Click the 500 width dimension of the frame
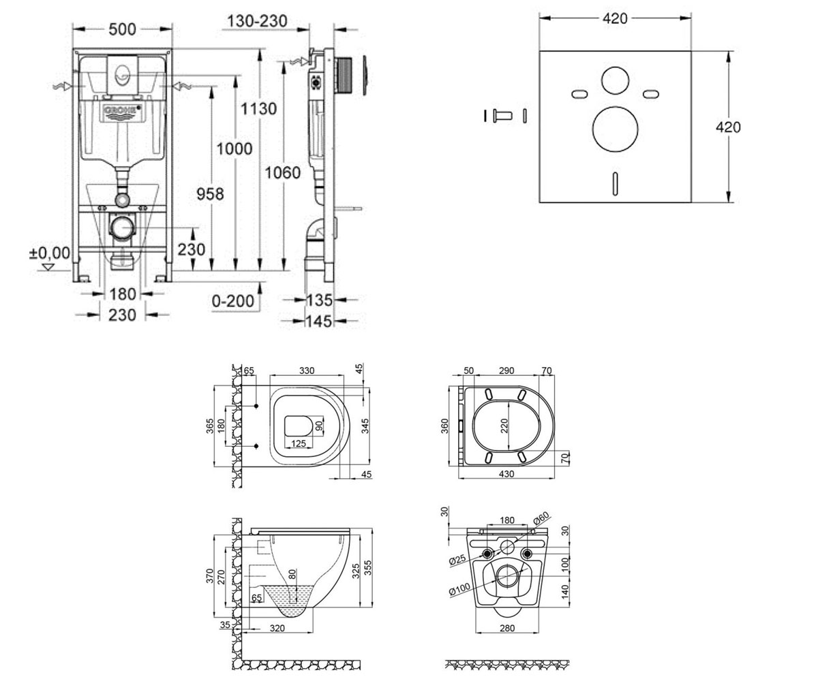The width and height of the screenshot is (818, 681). point(122,29)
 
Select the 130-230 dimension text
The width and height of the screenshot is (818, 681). point(257,20)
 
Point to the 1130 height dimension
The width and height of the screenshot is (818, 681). point(258,109)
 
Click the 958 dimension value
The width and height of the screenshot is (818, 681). point(210,193)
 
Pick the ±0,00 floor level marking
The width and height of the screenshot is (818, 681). point(50,253)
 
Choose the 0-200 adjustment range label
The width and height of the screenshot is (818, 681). point(233,300)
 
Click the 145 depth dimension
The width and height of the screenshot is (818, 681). point(319,321)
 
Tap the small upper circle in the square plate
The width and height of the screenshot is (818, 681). point(615,81)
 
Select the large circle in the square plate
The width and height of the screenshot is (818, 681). point(615,129)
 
